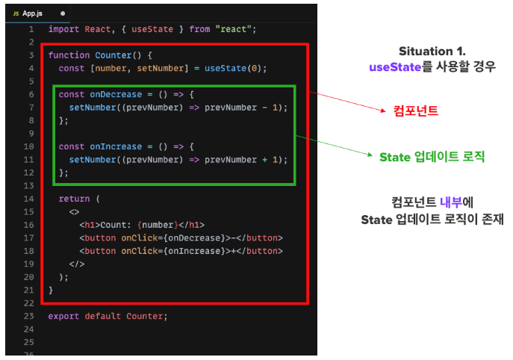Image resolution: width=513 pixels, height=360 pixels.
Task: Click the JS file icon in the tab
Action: tap(16, 13)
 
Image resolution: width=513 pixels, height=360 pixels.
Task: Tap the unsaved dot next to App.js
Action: tap(63, 13)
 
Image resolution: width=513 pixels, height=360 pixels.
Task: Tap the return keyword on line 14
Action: tap(74, 199)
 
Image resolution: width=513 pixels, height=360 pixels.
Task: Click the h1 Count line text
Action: tap(142, 224)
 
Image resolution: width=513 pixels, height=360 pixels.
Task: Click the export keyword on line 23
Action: tap(63, 315)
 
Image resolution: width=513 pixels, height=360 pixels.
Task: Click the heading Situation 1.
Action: tap(432, 52)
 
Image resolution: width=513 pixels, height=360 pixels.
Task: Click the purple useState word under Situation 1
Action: tap(394, 66)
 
